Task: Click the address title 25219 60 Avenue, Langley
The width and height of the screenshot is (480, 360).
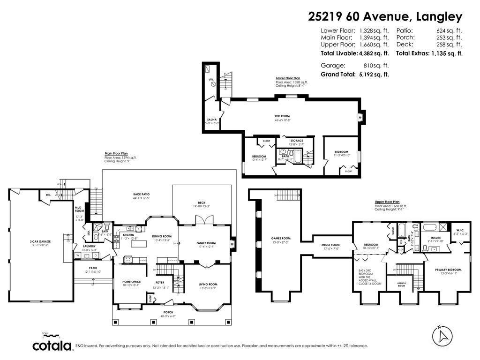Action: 385,17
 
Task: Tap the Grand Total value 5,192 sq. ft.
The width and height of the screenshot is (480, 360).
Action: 374,75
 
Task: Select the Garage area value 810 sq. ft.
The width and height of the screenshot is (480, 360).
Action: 376,66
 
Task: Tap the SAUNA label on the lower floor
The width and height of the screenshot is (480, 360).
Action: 211,120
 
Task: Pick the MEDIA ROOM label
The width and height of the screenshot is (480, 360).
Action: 330,245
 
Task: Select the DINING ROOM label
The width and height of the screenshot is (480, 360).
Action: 161,236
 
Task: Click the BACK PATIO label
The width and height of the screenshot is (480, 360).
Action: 141,194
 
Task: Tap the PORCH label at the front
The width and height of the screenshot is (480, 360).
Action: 168,312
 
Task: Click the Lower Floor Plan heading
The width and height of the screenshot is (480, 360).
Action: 288,78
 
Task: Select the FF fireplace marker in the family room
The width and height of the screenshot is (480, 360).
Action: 232,244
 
